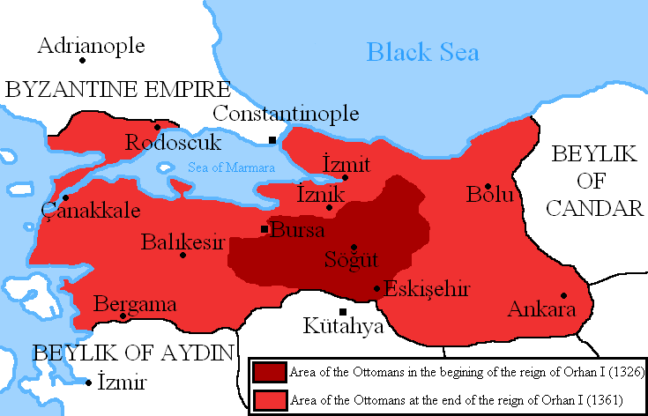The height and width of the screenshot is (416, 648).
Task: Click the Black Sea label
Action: [423, 53]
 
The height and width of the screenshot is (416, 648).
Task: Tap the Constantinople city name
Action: [286, 114]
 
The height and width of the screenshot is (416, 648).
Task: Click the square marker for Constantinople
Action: [273, 140]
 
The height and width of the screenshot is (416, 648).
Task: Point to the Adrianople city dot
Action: [82, 61]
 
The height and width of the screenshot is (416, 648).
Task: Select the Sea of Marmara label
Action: [231, 167]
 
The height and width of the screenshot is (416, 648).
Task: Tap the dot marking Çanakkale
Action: [65, 197]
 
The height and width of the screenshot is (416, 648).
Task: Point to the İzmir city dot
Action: [89, 383]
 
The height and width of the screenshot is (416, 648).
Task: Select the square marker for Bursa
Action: [264, 229]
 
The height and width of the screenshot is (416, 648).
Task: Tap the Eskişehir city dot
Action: [377, 288]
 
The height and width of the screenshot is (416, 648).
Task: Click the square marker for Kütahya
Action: [343, 311]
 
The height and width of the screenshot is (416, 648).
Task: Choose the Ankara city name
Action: [541, 309]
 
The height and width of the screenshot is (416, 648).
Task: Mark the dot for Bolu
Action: [488, 186]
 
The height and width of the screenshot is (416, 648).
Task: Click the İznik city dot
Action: [329, 208]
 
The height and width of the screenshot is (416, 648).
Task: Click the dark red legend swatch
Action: [270, 372]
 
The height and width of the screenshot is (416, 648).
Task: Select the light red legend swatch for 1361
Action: [270, 399]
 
